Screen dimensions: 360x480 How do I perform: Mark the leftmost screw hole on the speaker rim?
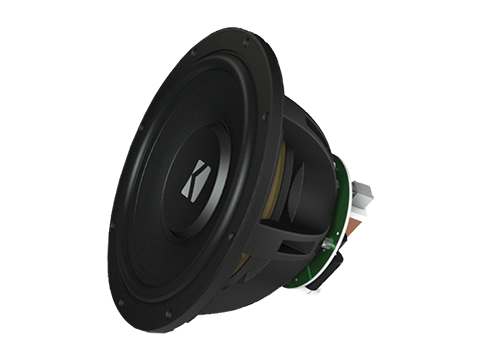click(x=112, y=224)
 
